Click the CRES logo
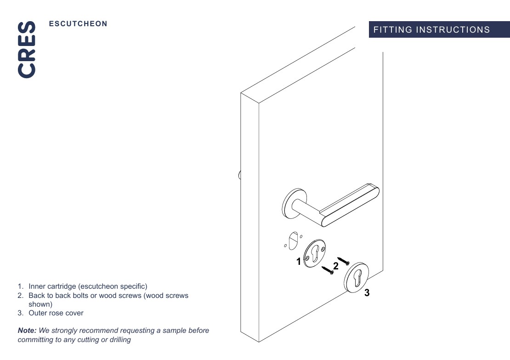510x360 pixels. (x=27, y=50)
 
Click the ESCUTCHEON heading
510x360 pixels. (x=78, y=24)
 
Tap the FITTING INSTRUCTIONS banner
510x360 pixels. (x=439, y=29)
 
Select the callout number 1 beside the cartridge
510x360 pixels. (x=299, y=261)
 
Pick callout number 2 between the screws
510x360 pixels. (x=336, y=266)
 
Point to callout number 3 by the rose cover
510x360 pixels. (x=367, y=292)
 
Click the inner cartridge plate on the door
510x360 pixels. (x=315, y=253)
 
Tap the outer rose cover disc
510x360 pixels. (x=357, y=278)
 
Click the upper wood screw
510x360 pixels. (x=343, y=261)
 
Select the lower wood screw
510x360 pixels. (x=328, y=270)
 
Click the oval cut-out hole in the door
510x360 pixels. (x=293, y=240)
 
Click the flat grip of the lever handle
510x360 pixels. (x=350, y=205)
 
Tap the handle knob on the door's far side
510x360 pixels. (x=240, y=175)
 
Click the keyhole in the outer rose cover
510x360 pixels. (x=357, y=277)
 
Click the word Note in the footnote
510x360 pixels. (x=27, y=331)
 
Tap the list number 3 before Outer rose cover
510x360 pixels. (x=21, y=313)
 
